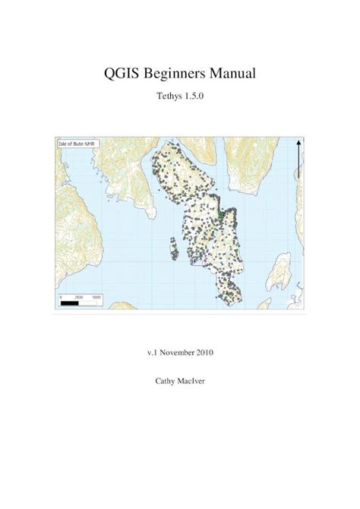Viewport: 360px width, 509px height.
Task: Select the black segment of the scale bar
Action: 69,302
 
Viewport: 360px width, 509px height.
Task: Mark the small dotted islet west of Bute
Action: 174,248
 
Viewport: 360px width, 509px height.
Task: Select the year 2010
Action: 213,353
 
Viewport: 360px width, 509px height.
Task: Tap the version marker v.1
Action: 153,353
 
